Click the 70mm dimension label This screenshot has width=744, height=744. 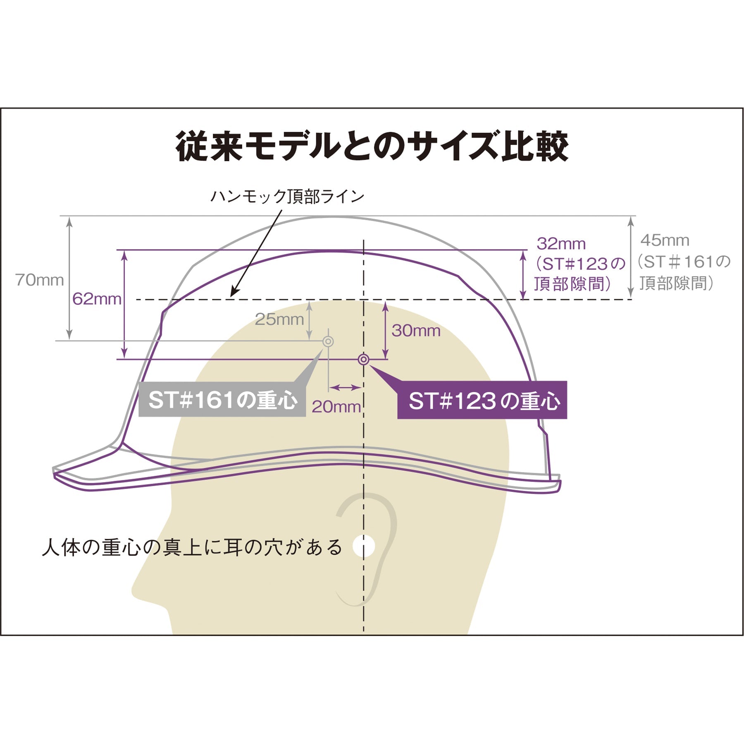40,280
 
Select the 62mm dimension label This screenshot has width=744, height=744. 97,299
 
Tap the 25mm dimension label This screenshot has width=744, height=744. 279,319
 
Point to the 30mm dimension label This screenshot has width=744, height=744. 416,331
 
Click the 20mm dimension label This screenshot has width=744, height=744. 336,407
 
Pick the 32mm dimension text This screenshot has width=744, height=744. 561,244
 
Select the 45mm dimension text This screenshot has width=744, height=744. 665,240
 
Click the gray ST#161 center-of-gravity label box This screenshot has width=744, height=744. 222,399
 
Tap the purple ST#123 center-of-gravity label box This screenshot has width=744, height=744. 482,400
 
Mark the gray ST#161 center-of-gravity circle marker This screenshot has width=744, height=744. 328,341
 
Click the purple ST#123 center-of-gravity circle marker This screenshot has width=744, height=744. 363,360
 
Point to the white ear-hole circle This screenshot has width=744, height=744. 364,546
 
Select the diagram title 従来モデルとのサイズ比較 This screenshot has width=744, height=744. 372,146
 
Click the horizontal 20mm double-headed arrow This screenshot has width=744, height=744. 345,387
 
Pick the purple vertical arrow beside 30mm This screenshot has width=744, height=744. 385,330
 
